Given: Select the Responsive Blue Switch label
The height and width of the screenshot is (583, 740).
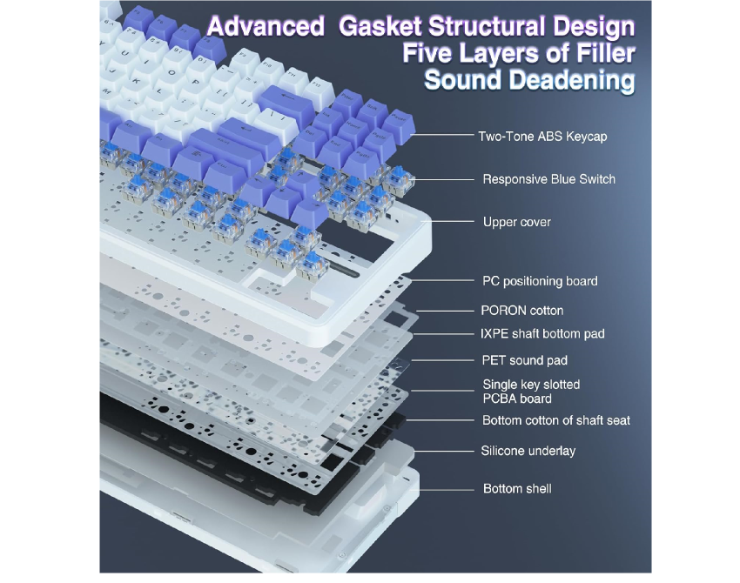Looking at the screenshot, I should pyautogui.click(x=548, y=179).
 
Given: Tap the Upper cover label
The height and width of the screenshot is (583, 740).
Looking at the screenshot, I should pyautogui.click(x=516, y=223).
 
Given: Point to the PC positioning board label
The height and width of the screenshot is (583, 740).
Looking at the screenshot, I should pyautogui.click(x=540, y=281).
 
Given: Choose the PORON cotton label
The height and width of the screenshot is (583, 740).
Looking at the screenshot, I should pyautogui.click(x=521, y=310).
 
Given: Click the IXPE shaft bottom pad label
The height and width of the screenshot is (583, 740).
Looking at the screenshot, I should pyautogui.click(x=542, y=334).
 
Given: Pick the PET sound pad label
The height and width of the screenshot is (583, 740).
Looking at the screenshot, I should pyautogui.click(x=524, y=360).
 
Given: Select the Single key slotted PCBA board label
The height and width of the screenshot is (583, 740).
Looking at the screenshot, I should pyautogui.click(x=530, y=392).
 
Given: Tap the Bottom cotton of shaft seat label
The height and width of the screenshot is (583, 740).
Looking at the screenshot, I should pyautogui.click(x=555, y=420).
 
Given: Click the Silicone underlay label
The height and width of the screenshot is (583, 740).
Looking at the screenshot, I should pyautogui.click(x=528, y=451).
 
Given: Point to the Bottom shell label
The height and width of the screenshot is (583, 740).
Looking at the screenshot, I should pyautogui.click(x=517, y=489).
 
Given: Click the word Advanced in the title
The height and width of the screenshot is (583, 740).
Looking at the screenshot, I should pyautogui.click(x=265, y=27).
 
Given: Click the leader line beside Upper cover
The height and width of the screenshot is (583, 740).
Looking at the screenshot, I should pyautogui.click(x=454, y=222).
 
